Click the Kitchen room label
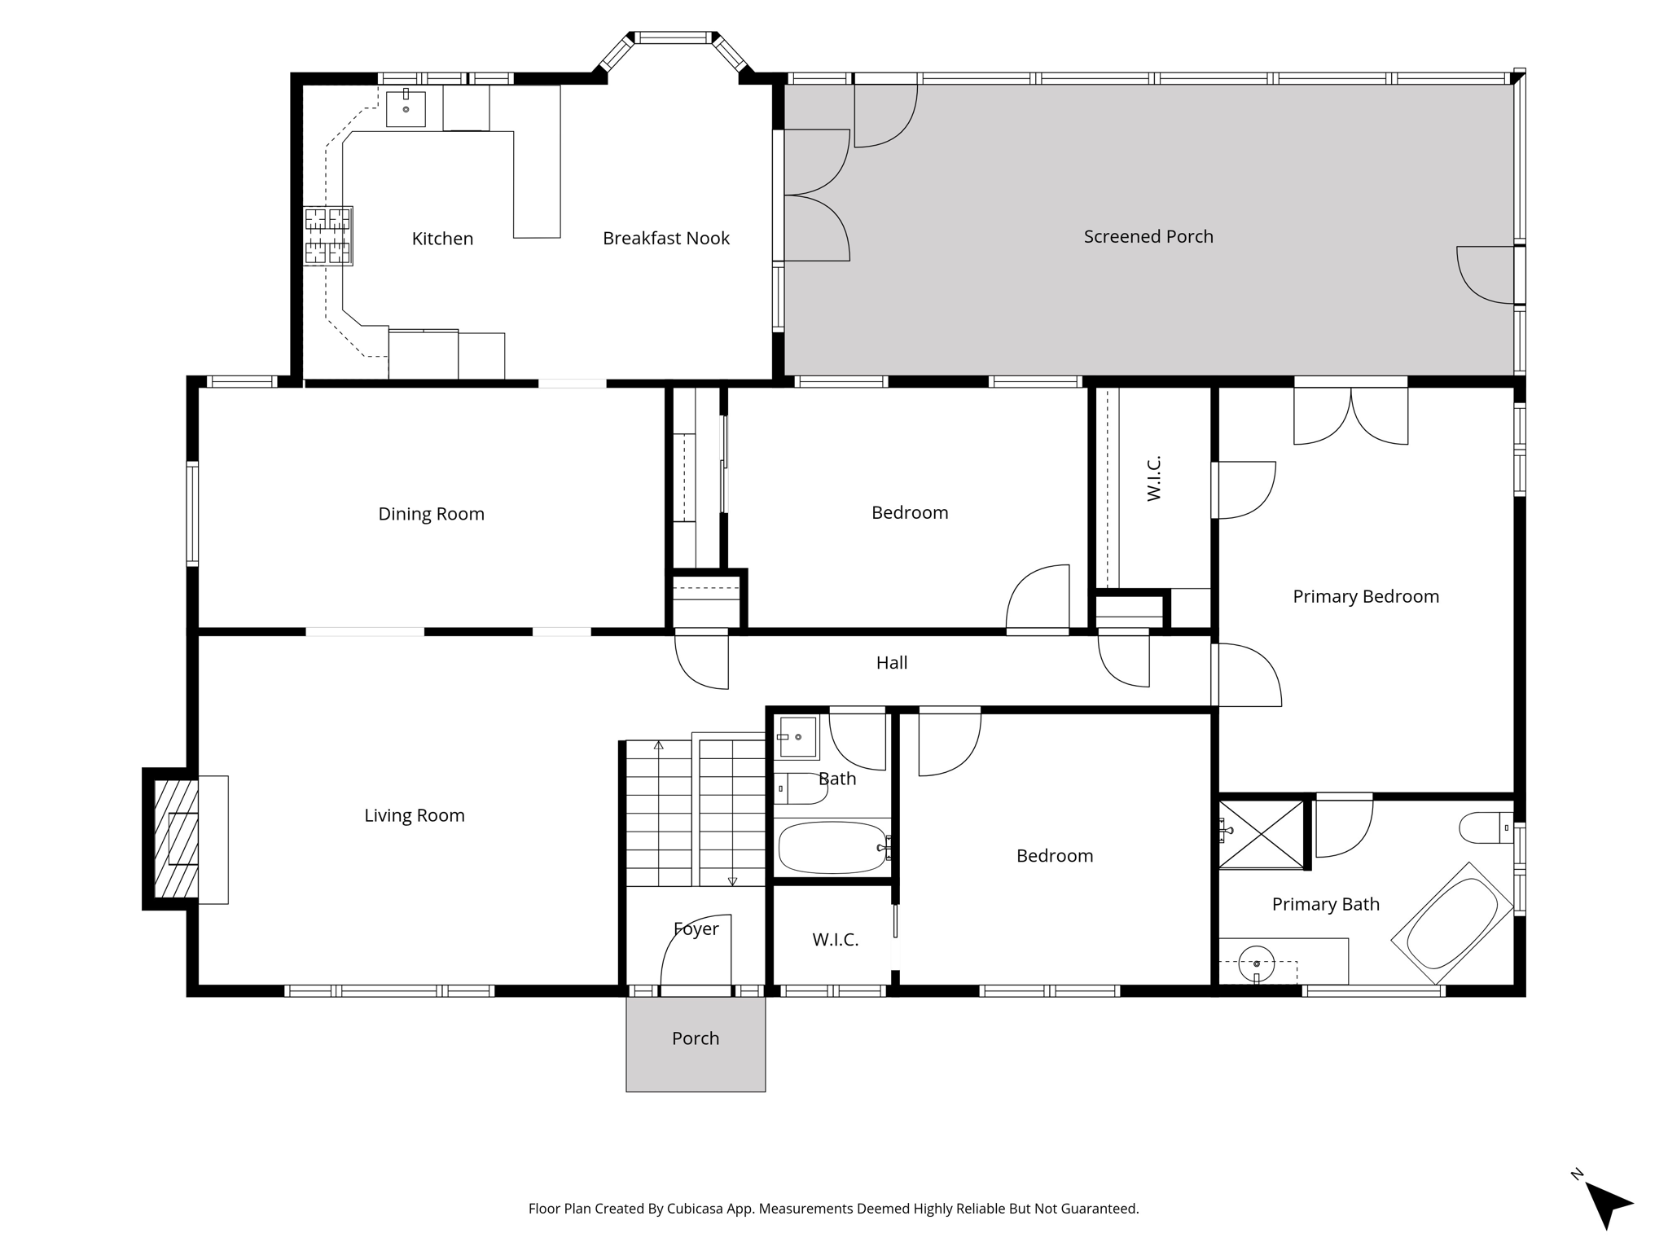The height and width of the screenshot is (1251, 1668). [442, 239]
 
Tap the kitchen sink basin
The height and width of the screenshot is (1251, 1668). [406, 108]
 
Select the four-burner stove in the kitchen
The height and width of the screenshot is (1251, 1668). [328, 235]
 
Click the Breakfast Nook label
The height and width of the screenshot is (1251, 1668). [665, 239]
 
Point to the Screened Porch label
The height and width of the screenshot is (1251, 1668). [1148, 237]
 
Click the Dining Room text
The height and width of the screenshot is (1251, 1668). [431, 514]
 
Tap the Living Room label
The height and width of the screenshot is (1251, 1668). [414, 815]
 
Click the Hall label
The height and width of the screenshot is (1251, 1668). [891, 663]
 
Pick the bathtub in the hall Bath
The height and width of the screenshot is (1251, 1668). [832, 847]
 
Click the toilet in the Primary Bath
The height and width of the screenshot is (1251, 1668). [1484, 828]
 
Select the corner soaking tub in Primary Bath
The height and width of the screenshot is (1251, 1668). [1452, 923]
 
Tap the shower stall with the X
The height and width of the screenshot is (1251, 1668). [1261, 834]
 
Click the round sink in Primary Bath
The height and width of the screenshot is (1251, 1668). [1256, 964]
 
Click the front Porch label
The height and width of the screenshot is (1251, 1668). [695, 1038]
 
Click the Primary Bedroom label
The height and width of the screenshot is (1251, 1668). [1365, 597]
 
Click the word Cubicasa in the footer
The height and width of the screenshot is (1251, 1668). [699, 1209]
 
